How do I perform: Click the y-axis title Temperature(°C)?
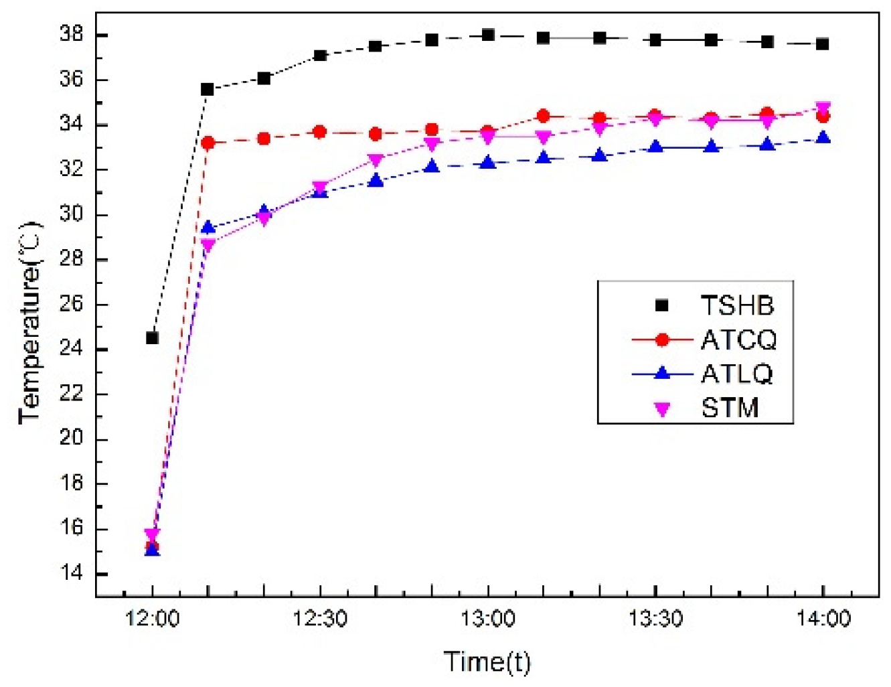pyautogui.click(x=31, y=321)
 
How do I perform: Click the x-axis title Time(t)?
pyautogui.click(x=487, y=662)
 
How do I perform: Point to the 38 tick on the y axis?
pyautogui.click(x=71, y=34)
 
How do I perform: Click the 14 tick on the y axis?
pyautogui.click(x=71, y=574)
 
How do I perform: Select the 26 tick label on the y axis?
pyautogui.click(x=71, y=304)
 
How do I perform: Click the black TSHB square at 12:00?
pyautogui.click(x=152, y=338)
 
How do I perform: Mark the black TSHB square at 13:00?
pyautogui.click(x=488, y=35)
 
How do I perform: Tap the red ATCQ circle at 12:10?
pyautogui.click(x=208, y=143)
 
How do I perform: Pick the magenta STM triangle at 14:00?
pyautogui.click(x=823, y=108)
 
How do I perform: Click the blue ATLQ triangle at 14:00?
pyautogui.click(x=823, y=138)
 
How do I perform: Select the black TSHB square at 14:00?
pyautogui.click(x=823, y=44)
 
